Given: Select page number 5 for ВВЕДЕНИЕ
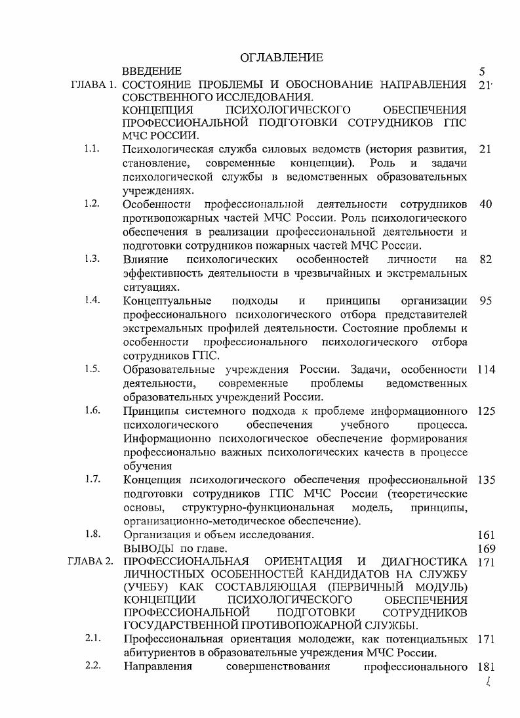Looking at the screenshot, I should coord(483,71).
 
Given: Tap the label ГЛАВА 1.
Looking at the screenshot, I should coord(94,85).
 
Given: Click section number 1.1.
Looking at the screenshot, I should coord(92,149).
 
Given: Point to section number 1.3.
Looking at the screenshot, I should coord(92,259).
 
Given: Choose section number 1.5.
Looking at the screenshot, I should coord(92,368).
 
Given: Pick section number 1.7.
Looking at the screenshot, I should coord(92,478).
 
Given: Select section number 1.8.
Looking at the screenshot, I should coord(92,534).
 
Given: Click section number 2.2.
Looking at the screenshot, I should coord(92,667).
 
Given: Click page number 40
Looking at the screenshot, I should coord(485,204).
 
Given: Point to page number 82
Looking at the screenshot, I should coord(485,259).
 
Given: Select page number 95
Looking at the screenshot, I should coord(485,301).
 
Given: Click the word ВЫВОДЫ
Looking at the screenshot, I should coord(148,548).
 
